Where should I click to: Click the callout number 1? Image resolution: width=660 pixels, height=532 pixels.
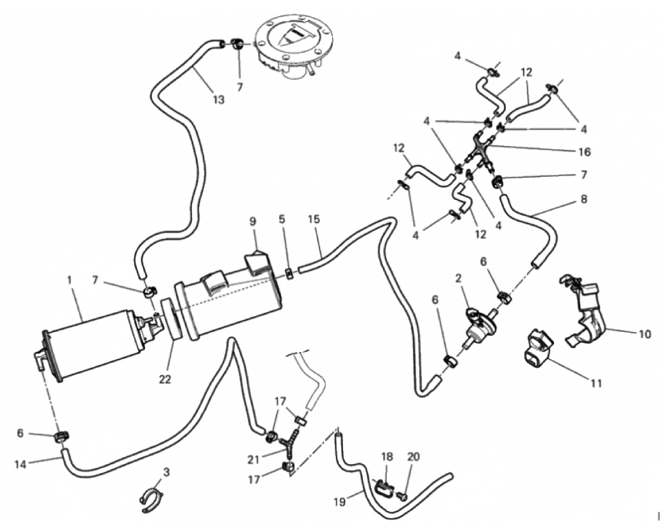point(69,279)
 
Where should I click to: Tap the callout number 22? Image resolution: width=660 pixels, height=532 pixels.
point(165,379)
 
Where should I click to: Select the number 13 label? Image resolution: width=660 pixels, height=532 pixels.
point(218,99)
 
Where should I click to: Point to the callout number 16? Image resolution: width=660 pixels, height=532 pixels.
point(584,152)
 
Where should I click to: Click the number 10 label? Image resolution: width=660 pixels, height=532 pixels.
point(645,334)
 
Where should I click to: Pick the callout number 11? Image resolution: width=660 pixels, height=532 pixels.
point(595,383)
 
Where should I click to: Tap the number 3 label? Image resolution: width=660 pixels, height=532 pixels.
point(167,472)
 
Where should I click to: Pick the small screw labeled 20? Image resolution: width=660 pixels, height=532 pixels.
point(403,497)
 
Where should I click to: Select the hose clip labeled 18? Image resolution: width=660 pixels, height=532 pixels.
point(384,487)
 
